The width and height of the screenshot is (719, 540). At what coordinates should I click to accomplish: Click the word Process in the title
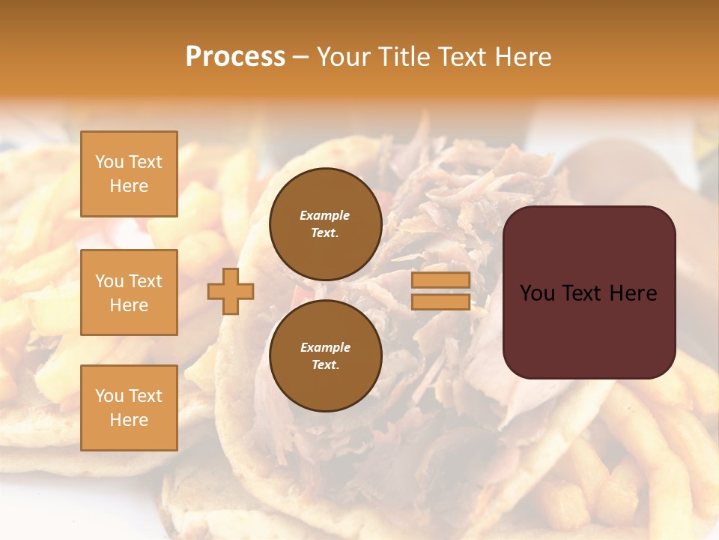235,57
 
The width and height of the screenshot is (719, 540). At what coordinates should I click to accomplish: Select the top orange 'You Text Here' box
129,174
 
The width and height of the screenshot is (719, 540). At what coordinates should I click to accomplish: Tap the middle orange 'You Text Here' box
129,292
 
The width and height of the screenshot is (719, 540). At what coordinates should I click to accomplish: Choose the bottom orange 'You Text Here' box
129,408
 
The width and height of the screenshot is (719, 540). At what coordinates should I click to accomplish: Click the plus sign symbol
231,291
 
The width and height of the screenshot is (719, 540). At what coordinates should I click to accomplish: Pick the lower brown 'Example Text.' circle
325,356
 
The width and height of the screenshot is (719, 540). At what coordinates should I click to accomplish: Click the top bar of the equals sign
440,280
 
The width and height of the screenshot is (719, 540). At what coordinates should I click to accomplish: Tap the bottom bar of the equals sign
440,302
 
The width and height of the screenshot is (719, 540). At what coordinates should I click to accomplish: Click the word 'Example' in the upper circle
325,215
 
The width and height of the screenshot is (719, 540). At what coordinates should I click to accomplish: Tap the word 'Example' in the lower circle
325,347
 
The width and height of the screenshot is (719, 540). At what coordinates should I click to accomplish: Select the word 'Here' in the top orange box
129,186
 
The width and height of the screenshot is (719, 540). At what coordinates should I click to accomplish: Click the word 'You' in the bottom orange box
108,396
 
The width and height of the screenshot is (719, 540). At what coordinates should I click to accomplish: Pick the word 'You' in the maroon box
538,293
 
